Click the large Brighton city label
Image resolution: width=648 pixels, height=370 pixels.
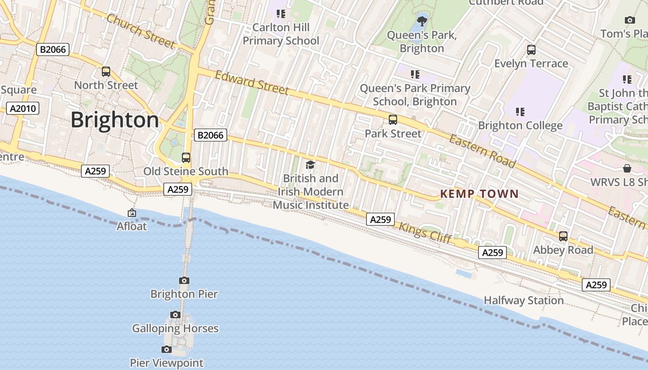pos(115,120)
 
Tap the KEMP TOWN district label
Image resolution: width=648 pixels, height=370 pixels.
pos(479,194)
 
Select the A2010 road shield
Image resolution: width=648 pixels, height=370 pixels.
pos(23,109)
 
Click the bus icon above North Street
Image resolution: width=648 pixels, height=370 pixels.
pos(106,72)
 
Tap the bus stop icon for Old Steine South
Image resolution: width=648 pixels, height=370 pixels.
pos(186,158)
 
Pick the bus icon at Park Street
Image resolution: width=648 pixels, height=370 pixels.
pos(393,120)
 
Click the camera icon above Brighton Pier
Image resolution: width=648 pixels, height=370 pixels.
pos(184,280)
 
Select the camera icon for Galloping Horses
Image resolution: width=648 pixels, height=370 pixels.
pos(175,315)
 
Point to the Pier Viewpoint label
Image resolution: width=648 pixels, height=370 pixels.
pos(166,363)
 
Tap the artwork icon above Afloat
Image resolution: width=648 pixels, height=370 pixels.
pos(132,213)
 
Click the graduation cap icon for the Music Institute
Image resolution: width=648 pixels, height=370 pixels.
pos(310,165)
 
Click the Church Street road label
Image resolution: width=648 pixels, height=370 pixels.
pos(141,31)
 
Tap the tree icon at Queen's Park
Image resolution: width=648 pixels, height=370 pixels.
pos(422,21)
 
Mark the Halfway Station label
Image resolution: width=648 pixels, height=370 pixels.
pos(523,301)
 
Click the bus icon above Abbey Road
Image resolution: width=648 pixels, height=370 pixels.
pos(563,236)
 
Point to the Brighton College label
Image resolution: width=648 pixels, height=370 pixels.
pos(520,125)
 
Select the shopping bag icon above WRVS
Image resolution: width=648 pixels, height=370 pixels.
pos(627,168)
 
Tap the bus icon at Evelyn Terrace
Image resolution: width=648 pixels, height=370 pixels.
pos(531,50)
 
